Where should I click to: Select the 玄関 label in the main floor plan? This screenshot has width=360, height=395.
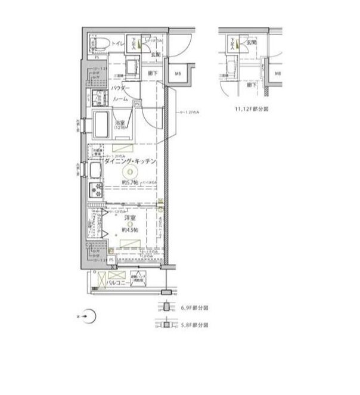(153, 55)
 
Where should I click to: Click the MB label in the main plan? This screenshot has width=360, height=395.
(178, 74)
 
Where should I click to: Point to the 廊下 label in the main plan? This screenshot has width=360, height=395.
(152, 73)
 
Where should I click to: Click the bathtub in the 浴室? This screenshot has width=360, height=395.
(100, 125)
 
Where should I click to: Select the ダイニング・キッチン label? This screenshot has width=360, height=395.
(130, 161)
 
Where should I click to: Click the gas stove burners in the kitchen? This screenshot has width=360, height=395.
(95, 191)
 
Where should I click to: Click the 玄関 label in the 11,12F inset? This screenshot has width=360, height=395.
(252, 43)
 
